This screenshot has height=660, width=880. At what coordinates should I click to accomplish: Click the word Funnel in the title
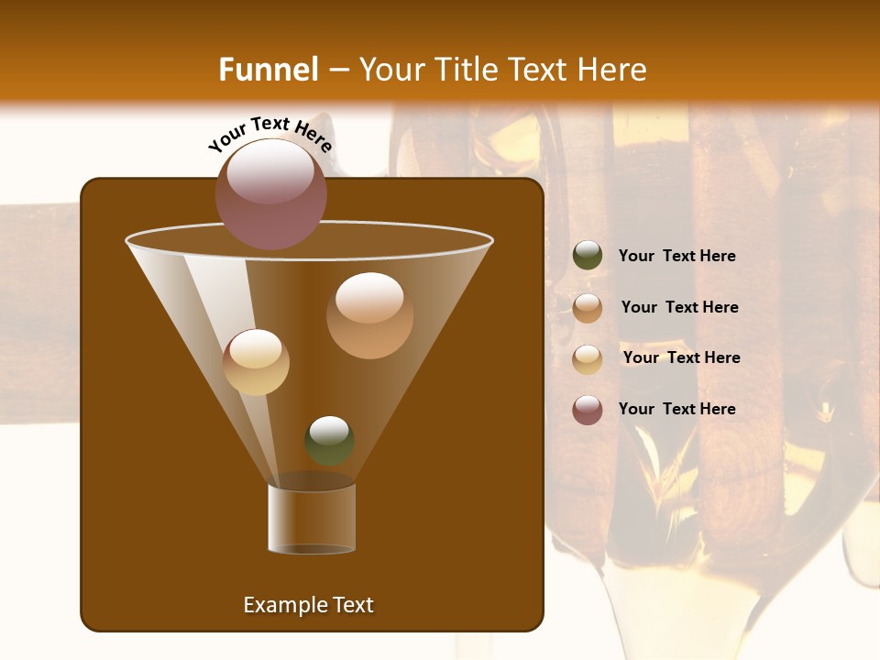click(269, 70)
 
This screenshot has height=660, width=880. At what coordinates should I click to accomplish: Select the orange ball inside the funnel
click(369, 315)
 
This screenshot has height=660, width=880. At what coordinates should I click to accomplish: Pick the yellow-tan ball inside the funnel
click(256, 362)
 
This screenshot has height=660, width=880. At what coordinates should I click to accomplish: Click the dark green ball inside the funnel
click(329, 441)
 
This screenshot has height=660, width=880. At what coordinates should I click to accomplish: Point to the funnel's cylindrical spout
click(312, 519)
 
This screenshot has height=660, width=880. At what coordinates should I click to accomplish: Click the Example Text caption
click(308, 605)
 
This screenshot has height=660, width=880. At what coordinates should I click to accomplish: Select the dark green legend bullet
click(588, 256)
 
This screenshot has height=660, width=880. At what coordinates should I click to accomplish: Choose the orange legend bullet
click(588, 308)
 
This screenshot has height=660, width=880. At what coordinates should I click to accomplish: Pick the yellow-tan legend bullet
click(588, 359)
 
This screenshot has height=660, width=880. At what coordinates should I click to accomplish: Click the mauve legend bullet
click(588, 410)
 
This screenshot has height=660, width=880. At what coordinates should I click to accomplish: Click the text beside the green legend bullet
click(676, 257)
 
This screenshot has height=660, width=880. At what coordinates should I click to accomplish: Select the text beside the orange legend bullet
click(679, 308)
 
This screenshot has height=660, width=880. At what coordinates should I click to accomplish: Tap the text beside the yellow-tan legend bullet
click(681, 358)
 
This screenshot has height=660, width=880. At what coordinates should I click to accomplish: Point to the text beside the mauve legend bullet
click(676, 409)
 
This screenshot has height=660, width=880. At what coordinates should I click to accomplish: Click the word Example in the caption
click(279, 605)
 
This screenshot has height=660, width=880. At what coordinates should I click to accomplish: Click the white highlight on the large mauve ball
click(271, 170)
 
